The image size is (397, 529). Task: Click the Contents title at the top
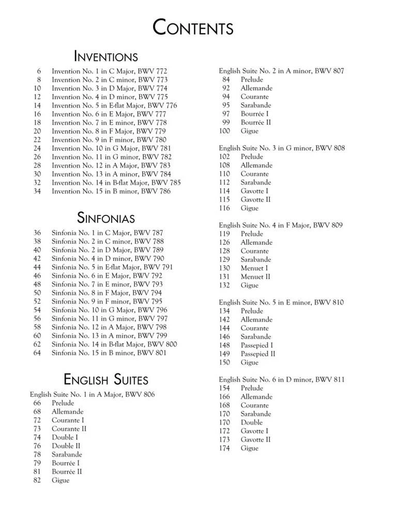pos(193,27)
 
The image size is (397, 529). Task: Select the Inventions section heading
pos(105,56)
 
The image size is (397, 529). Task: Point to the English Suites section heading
pos(105,380)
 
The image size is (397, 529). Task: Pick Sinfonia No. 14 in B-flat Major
pos(114,344)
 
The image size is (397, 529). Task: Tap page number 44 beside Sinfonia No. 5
pos(37,267)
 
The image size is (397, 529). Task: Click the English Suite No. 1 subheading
pos(92,395)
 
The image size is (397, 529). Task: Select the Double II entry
pos(66,446)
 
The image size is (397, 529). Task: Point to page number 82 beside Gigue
pos(37,480)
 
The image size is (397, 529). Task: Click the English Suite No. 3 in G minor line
pos(282,148)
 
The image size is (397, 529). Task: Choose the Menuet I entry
pos(254,268)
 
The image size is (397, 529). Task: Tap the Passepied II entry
pos(257,354)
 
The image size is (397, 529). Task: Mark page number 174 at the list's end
pos(224,448)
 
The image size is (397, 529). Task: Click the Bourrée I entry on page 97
pos(255,114)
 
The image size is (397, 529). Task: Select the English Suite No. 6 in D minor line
pos(282,380)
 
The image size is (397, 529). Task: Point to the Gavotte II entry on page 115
pos(255,199)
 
